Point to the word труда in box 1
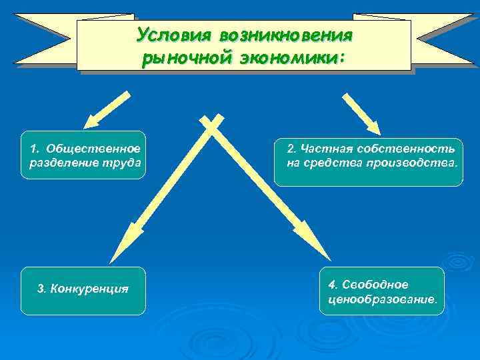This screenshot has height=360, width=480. click(x=126, y=162)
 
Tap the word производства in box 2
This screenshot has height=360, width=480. click(x=417, y=162)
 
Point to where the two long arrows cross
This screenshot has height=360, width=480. click(x=211, y=124)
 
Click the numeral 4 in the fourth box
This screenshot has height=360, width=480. click(x=332, y=285)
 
